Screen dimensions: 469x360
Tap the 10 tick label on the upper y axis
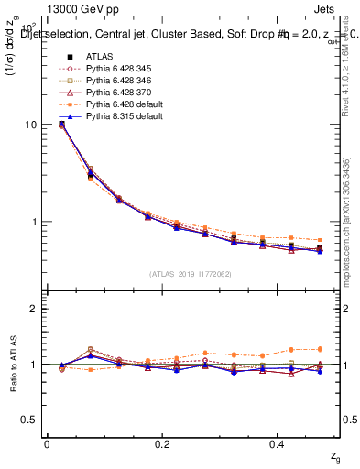(30, 125)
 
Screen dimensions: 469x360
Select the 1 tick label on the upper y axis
(34, 222)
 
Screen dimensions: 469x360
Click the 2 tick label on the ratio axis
(34, 309)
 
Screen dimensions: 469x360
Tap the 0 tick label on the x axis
(47, 443)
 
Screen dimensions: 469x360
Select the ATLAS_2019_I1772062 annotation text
(190, 274)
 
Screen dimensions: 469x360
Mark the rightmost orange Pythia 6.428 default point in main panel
(319, 240)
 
